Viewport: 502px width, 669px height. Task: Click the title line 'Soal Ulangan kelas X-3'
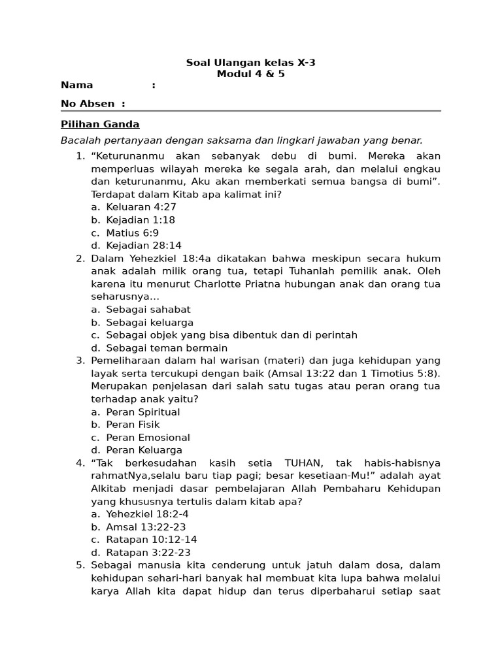[x=251, y=63]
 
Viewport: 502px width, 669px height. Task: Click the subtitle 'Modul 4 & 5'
[x=251, y=74]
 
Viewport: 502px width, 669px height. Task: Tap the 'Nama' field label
[x=77, y=85]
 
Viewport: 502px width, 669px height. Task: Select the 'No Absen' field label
[x=88, y=103]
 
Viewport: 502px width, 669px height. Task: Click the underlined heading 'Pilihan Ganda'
[x=100, y=124]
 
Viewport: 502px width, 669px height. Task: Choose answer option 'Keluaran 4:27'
[x=141, y=207]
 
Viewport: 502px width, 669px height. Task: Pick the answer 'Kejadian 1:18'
[x=141, y=220]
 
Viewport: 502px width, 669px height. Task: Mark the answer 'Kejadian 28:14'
[x=144, y=246]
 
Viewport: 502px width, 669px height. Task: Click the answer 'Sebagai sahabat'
[x=148, y=310]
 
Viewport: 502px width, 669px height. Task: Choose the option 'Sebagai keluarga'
[x=150, y=323]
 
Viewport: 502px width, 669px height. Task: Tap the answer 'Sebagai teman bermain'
[x=167, y=348]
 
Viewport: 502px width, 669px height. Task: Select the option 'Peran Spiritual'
[x=143, y=412]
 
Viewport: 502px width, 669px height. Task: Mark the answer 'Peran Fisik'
[x=133, y=425]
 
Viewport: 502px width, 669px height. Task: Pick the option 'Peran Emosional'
[x=148, y=438]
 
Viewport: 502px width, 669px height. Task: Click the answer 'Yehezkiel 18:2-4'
[x=147, y=514]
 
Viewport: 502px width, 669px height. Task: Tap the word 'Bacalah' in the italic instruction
[x=80, y=140]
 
